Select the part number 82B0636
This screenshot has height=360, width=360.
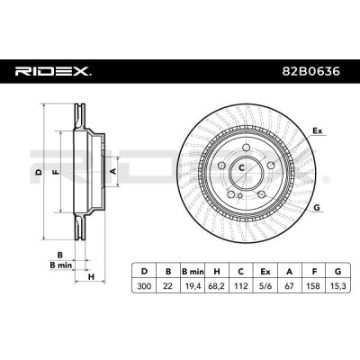[x=311, y=71]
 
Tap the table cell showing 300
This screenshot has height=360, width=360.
[x=144, y=286]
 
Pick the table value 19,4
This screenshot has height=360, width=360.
[x=193, y=286]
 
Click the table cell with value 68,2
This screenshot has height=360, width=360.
[x=217, y=286]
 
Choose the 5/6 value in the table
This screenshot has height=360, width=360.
[x=265, y=286]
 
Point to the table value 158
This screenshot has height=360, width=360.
[x=314, y=286]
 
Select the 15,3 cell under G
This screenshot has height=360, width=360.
[x=338, y=286]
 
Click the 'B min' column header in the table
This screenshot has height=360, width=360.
[x=193, y=272]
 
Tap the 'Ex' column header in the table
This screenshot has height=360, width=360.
[x=265, y=272]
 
